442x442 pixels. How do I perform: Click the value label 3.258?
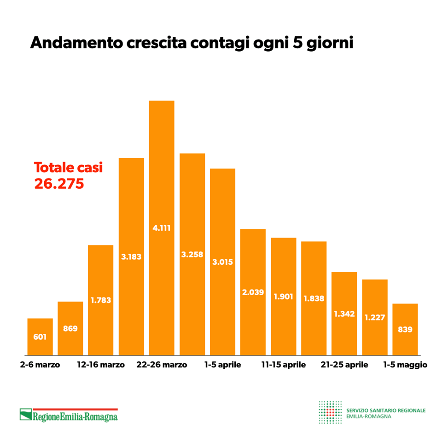coord(192,254)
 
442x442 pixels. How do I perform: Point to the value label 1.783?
coord(101,300)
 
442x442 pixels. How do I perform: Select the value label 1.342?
coord(344,314)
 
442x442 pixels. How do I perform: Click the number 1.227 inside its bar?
coord(374,317)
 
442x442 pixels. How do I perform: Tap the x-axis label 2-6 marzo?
coord(41,365)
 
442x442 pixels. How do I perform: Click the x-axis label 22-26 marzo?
coord(162,365)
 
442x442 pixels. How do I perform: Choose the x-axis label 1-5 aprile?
coord(222,365)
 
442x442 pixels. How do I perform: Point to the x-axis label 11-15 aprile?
coord(283,365)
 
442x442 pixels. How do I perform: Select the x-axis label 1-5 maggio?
coord(406,365)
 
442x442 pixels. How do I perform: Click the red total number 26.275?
coord(59,184)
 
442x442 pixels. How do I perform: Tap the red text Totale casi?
coord(69,168)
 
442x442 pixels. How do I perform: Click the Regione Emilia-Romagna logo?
coord(69,415)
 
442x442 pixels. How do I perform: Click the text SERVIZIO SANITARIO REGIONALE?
coord(386,410)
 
